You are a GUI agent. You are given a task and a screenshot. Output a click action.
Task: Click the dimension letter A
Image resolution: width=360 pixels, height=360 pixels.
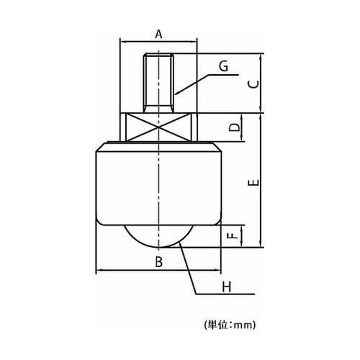[158, 34]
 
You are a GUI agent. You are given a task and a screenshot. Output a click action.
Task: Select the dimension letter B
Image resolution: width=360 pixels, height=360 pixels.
[159, 262]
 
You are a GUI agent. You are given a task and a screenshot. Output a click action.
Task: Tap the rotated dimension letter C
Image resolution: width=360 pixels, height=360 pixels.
[254, 84]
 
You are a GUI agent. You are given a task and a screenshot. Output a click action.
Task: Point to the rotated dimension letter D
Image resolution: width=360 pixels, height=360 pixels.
[235, 127]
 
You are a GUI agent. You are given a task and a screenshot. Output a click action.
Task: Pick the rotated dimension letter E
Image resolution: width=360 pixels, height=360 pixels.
[254, 183]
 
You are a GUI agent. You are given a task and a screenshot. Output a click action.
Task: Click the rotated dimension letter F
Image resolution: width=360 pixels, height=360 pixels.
[233, 236]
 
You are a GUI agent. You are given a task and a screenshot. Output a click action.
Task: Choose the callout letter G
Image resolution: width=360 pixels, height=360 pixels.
[224, 66]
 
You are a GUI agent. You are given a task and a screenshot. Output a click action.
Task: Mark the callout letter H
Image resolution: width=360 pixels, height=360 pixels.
[227, 287]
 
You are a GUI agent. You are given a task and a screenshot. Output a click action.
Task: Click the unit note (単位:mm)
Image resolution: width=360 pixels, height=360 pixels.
[230, 325]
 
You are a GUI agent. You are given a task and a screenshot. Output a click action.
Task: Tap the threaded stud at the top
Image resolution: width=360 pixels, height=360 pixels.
[158, 83]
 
